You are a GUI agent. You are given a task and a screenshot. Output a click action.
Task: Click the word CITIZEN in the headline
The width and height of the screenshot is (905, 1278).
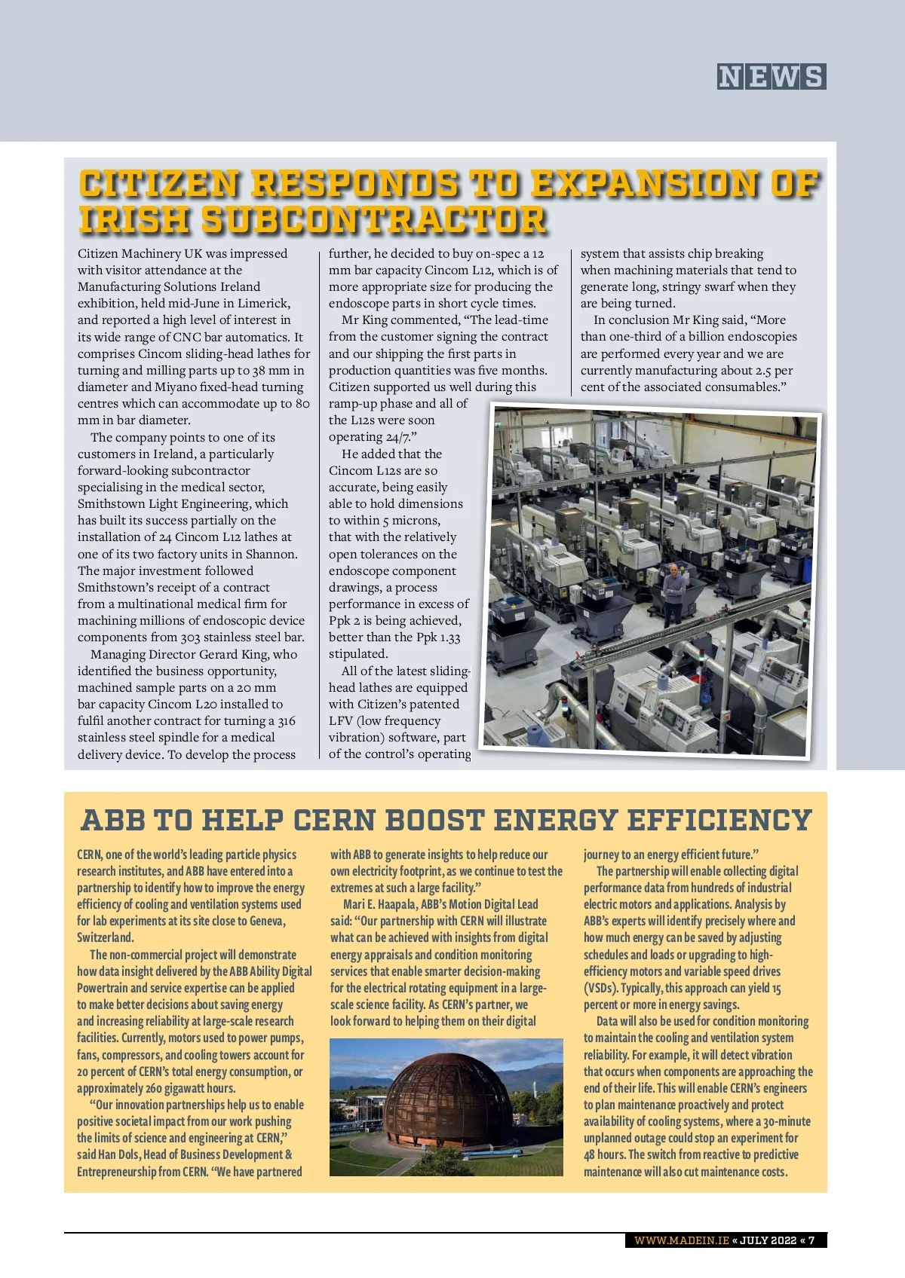[160, 185]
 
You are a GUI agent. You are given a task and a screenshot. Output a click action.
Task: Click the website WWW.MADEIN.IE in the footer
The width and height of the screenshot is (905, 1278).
[681, 1240]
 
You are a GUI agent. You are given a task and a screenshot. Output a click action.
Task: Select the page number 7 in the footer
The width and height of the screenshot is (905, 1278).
[811, 1240]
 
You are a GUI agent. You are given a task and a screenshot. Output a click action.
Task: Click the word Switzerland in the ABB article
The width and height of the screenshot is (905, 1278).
[105, 937]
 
